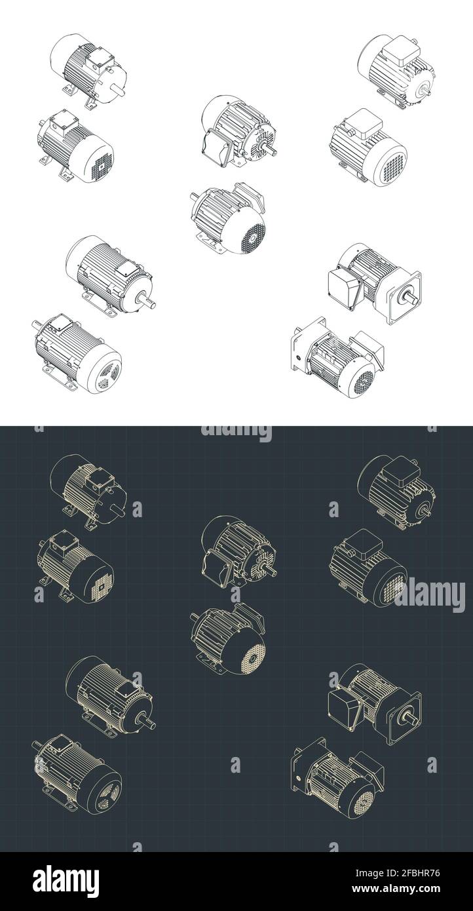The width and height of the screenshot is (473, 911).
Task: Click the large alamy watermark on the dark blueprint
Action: point(430,596)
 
